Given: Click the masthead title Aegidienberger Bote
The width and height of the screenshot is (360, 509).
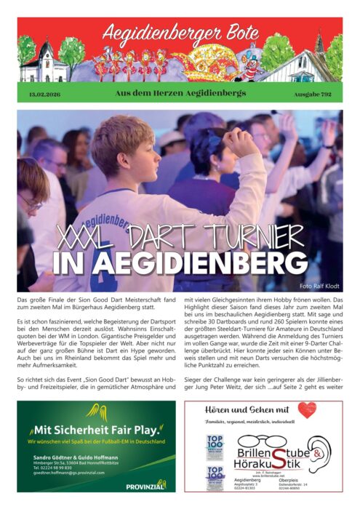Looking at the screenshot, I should click(x=180, y=31).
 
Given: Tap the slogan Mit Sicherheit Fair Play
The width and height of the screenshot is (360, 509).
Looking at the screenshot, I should click(x=92, y=428).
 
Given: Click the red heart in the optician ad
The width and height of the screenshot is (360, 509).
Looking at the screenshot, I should click(x=307, y=410).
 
